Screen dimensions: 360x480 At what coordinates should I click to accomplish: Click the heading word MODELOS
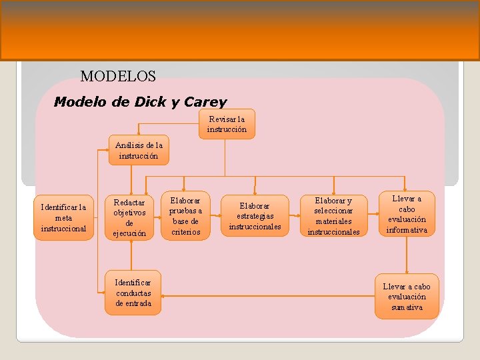(118, 76)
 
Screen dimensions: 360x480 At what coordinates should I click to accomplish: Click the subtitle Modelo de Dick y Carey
(140, 102)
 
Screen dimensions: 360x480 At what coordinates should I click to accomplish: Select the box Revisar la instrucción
(227, 124)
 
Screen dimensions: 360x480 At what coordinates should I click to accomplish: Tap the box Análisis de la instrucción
(139, 150)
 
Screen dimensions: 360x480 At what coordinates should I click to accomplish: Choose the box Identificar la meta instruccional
(64, 218)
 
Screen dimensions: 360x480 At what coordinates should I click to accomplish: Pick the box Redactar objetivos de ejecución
(130, 218)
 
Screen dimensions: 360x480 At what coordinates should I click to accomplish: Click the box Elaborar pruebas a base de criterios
(185, 216)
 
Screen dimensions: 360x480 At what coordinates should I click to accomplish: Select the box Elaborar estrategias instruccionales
(255, 216)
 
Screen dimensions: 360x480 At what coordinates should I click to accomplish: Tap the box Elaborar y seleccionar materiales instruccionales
(333, 216)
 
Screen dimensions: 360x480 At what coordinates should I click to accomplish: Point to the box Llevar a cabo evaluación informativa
(407, 214)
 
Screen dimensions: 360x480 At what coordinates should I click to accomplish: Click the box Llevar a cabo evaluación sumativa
(407, 297)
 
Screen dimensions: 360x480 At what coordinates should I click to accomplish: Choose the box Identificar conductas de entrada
(133, 293)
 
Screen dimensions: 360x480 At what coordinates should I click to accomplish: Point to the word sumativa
(407, 307)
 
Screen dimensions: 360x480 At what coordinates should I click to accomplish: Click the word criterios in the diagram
(185, 232)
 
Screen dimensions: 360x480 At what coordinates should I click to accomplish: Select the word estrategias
(255, 216)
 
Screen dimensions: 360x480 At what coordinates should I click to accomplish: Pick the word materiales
(333, 221)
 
